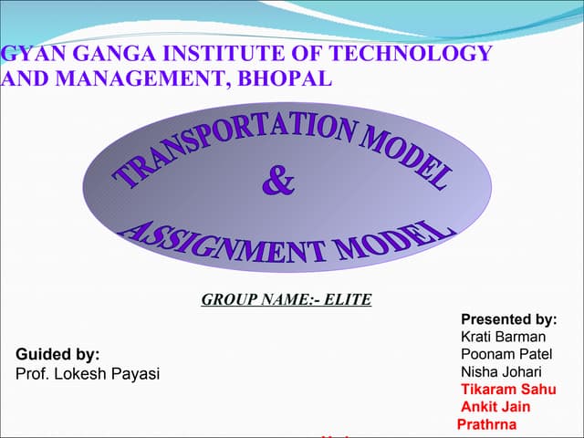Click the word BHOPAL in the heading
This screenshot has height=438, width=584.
[284, 78]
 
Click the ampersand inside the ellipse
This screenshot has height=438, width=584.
[278, 182]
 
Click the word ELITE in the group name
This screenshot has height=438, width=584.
[348, 298]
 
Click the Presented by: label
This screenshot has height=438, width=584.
[508, 319]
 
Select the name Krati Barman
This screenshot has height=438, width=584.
[503, 337]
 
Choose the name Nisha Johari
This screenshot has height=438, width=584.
[501, 371]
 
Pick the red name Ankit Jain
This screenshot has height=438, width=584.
[495, 406]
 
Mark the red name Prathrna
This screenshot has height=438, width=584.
[486, 423]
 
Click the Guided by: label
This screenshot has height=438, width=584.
[58, 354]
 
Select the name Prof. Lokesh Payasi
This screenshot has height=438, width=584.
[88, 373]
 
